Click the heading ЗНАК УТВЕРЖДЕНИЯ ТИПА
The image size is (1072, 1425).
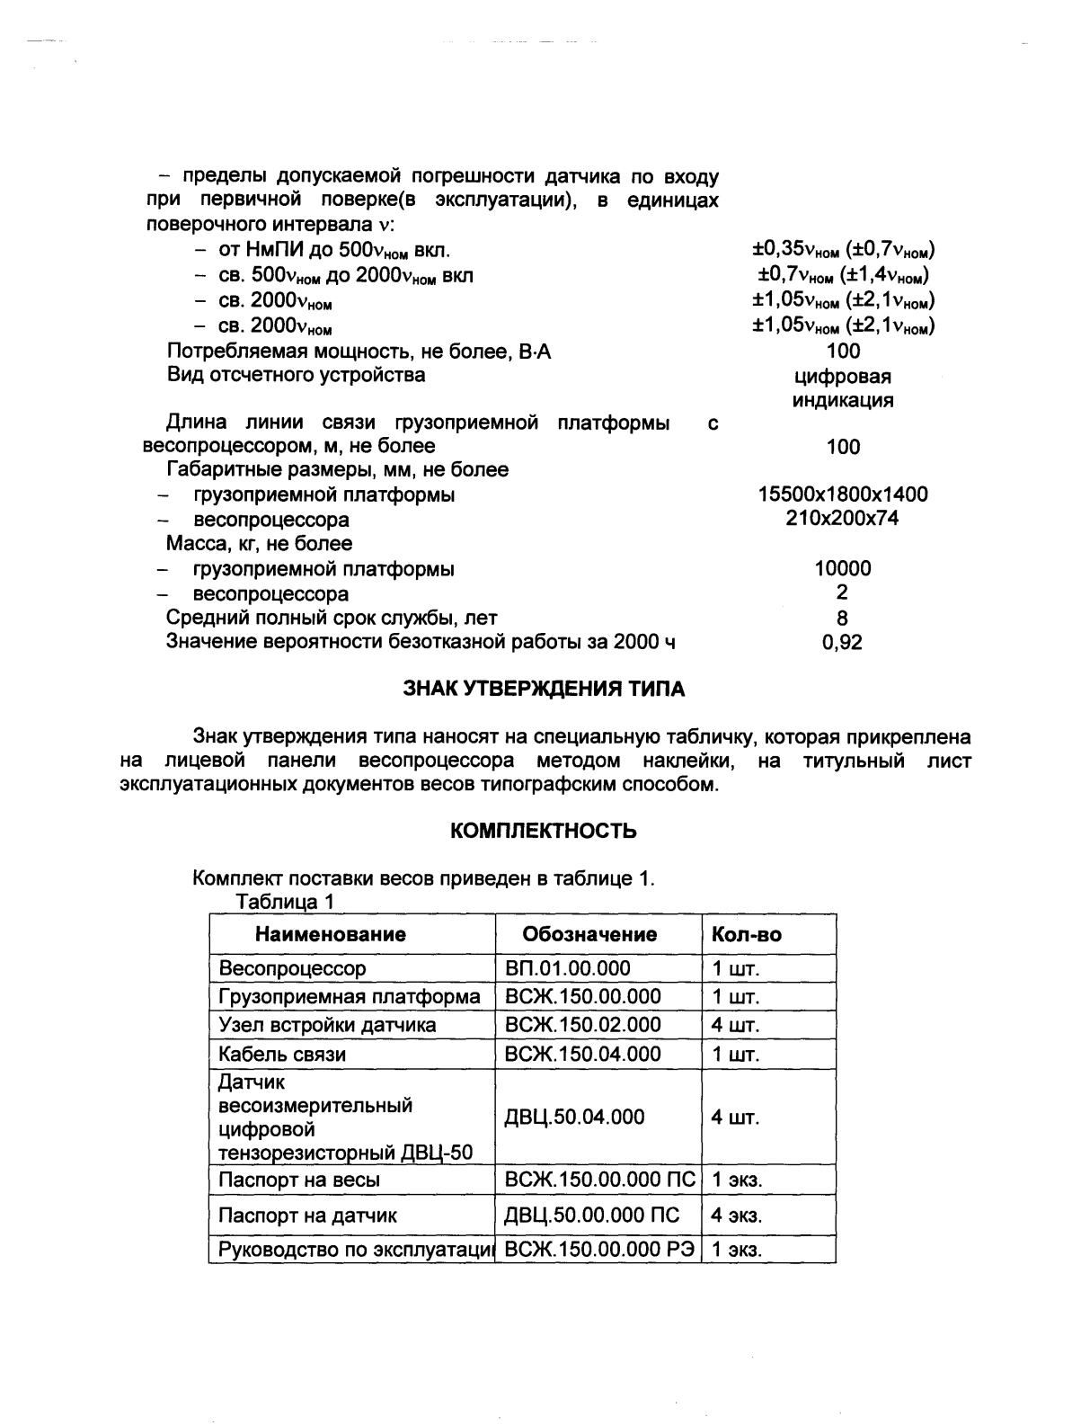pos(543,690)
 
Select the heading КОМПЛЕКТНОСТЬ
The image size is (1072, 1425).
pos(543,831)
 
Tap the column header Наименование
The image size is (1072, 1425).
pos(330,934)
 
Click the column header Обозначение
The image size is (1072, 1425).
pos(589,934)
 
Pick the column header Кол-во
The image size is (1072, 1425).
pos(746,934)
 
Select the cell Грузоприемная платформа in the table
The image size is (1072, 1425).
pos(350,996)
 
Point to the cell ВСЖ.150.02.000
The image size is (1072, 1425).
pos(583,1025)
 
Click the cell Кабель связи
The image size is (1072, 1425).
pos(282,1054)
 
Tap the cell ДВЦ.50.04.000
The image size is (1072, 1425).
pos(575,1117)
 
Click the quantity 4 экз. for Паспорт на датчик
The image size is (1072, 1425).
pos(736,1216)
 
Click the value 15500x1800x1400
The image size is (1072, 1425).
pos(843,494)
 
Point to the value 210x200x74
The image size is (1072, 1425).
pos(843,518)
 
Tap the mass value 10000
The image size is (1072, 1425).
pos(843,568)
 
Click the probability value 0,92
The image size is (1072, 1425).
pos(843,642)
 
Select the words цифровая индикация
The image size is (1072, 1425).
pos(843,388)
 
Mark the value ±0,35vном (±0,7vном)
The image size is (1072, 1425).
pos(843,250)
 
